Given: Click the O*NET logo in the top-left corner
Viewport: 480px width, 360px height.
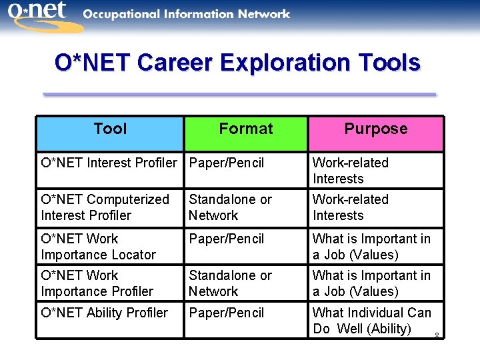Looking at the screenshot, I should coord(41,15).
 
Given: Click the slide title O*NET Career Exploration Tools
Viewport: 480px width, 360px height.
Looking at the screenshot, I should coord(237,63).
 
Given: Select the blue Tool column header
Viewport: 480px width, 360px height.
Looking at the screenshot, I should coord(110,129).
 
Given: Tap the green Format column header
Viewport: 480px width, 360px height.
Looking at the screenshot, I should coord(245,129).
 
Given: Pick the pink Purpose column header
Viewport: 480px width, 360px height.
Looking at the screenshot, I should coord(375,129).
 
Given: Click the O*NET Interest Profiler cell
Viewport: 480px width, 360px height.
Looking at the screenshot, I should coord(109,163).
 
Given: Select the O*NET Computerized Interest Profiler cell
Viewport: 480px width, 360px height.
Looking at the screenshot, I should coord(105,207).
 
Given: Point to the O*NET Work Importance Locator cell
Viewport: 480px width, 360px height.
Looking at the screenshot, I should coord(98,247).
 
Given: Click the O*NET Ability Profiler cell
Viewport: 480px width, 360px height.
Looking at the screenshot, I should coord(104,313).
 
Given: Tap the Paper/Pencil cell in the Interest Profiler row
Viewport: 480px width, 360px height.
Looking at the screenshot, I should coord(227,163).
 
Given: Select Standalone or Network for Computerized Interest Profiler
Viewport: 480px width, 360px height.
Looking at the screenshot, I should coord(230,207).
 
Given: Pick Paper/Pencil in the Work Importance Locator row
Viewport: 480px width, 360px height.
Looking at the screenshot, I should coord(227,239).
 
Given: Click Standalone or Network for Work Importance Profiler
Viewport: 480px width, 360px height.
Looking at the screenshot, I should coord(230,283).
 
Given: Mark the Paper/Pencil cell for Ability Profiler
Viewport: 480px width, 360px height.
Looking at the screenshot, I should coord(227,313).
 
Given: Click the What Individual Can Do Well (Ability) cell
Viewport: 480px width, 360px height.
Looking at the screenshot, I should coord(371,321).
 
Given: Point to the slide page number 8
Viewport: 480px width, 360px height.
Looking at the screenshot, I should coord(436,335).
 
